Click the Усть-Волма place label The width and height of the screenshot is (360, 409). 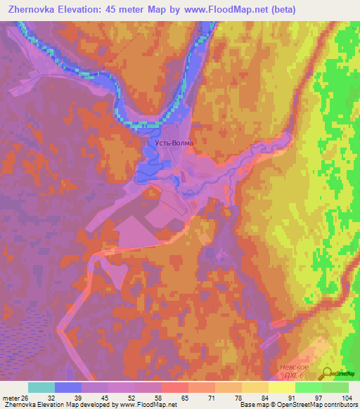pyautogui.click(x=174, y=142)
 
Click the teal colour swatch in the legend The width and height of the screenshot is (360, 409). pyautogui.click(x=41, y=387)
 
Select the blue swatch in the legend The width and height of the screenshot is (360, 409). pyautogui.click(x=68, y=387)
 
